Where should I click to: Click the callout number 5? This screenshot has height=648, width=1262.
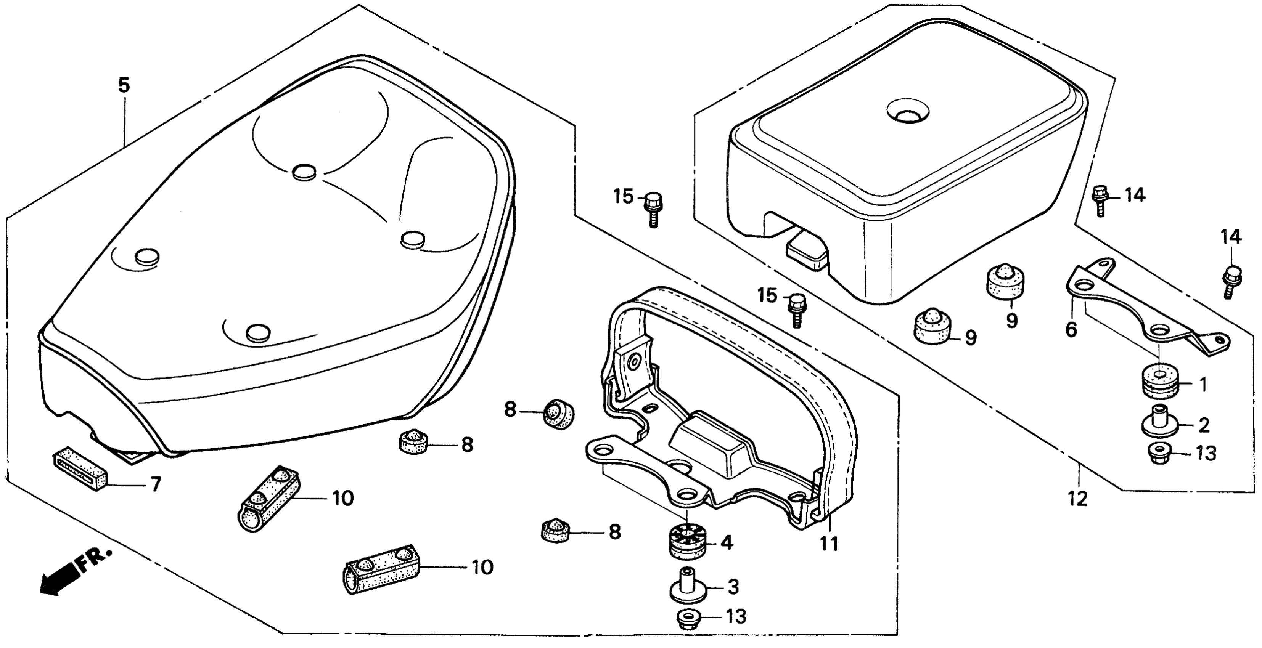tap(124, 86)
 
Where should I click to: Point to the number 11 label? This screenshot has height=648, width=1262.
tap(830, 544)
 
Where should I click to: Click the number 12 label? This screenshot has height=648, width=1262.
tap(1078, 499)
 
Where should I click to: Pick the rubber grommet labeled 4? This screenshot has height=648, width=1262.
tap(686, 541)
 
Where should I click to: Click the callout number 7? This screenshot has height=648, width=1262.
tap(155, 484)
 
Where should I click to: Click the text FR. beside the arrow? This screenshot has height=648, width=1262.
tap(93, 559)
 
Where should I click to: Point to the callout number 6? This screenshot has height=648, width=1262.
tap(1071, 330)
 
